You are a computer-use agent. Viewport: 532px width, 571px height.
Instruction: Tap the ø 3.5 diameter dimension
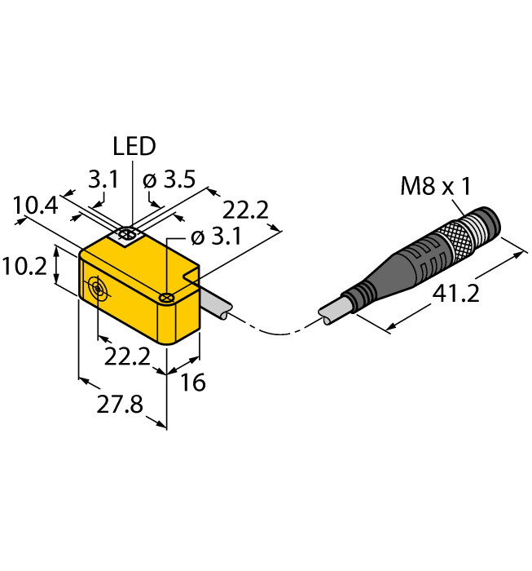[169, 180]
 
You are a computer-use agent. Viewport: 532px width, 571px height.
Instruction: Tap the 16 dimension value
[193, 381]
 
